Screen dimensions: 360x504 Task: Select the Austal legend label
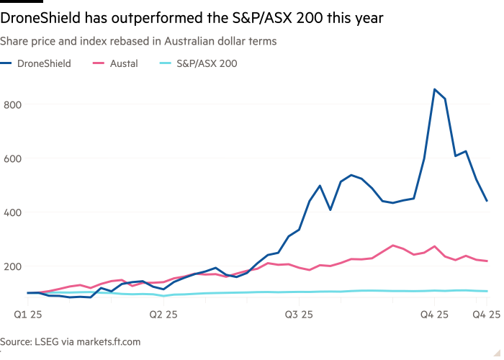124,64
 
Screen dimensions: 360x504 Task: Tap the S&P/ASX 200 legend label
208,64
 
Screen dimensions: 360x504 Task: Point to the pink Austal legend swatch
98,64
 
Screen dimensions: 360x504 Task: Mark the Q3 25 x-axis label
299,314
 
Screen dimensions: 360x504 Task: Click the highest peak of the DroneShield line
434,89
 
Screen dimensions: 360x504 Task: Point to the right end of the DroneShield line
487,201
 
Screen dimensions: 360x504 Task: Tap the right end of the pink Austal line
487,261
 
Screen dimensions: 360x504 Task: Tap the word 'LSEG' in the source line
48,342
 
